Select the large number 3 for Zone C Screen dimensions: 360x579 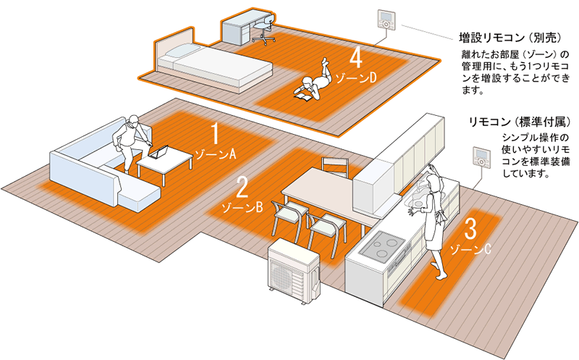pyautogui.click(x=470, y=230)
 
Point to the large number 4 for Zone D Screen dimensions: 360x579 pyautogui.click(x=355, y=57)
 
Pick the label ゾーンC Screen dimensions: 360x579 pyautogui.click(x=471, y=250)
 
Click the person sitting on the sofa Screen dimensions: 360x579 pyautogui.click(x=130, y=141)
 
